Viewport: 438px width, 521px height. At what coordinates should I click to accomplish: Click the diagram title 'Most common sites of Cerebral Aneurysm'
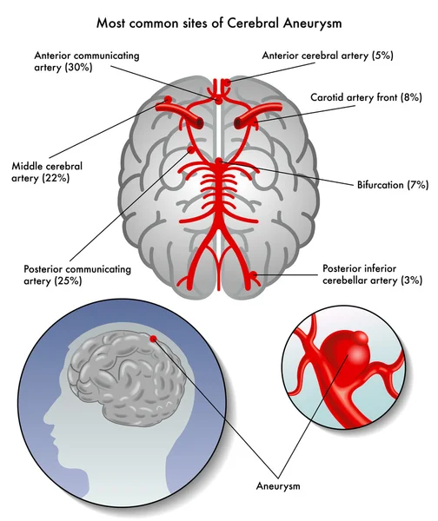pos(219,23)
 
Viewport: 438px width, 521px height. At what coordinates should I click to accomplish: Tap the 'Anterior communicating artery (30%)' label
pos(86,61)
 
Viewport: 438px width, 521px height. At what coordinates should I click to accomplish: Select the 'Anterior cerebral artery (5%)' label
pos(328,56)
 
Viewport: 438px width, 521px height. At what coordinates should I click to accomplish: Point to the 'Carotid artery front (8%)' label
pos(366,97)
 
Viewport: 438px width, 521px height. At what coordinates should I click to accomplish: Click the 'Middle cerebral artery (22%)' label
pos(47,172)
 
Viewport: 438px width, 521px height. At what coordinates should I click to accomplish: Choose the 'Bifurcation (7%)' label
pos(393,184)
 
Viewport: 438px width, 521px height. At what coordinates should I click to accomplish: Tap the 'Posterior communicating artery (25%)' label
pos(77,274)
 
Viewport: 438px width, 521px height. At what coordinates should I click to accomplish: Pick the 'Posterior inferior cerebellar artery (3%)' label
pos(372,274)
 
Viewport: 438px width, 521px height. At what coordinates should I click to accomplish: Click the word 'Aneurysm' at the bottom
pos(278,485)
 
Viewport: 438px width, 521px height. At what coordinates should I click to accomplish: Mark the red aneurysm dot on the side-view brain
pos(153,339)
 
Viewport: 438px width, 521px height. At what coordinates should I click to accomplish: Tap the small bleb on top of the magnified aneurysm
pos(361,339)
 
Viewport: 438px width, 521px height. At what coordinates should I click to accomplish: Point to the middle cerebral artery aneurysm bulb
pos(168,99)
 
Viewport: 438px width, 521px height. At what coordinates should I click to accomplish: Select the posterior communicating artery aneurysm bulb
pos(191,150)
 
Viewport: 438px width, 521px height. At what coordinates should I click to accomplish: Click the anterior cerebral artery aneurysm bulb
pos(227,82)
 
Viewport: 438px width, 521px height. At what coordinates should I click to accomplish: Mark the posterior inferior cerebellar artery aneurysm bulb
pos(254,274)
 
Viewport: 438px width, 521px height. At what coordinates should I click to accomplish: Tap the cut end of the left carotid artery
pos(200,123)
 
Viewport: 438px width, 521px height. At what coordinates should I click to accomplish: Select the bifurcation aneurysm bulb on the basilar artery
pos(218,162)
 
